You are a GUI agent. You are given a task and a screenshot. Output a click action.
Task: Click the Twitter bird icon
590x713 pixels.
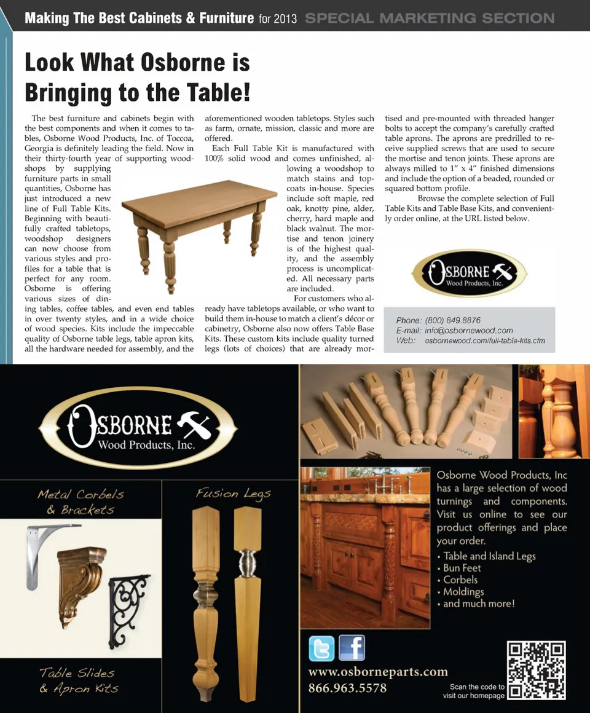coord(321,649)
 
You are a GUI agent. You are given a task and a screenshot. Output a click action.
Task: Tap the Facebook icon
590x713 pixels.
coord(352,648)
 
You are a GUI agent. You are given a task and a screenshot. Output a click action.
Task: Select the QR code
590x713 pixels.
coord(537,670)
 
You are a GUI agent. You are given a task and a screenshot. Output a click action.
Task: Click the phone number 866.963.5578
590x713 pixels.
coord(347,688)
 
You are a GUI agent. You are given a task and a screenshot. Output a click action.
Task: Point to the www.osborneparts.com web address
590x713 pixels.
coord(378,671)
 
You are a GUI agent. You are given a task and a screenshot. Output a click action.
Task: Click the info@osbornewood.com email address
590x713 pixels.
coord(469,330)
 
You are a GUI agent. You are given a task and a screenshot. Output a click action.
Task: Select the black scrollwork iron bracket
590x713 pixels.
coord(130,602)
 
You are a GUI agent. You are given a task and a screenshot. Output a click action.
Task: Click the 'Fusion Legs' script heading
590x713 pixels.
coord(233,494)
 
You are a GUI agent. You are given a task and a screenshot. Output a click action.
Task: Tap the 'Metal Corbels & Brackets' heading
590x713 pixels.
coord(81,502)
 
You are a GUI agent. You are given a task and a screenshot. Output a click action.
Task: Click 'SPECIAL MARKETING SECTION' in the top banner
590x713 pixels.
coord(430,18)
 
